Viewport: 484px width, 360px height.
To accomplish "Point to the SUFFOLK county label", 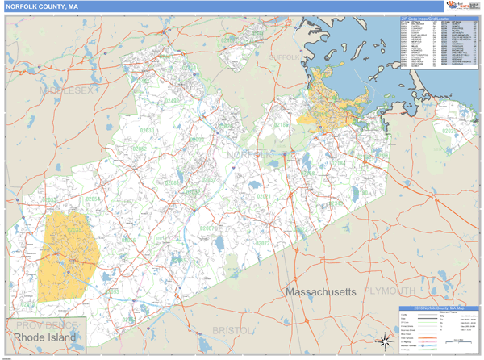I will (283, 59).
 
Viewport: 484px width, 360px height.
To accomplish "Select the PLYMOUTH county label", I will (390, 291).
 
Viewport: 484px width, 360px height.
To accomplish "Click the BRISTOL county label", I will (233, 331).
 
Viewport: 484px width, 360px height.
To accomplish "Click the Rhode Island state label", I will (46, 337).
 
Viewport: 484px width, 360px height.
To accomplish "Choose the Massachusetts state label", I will (320, 290).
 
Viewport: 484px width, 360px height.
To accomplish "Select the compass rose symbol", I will (386, 340).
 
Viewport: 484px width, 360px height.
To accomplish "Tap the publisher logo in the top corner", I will (461, 6).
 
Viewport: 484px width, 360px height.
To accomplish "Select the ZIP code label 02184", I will (337, 163).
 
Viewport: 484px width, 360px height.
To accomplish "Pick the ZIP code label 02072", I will (262, 242).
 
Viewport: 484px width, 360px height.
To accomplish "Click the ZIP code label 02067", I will (208, 229).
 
